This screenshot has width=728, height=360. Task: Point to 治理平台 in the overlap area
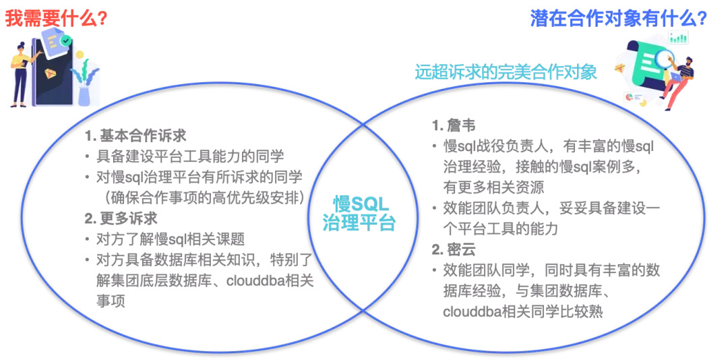358,222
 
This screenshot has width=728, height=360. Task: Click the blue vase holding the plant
84,95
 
